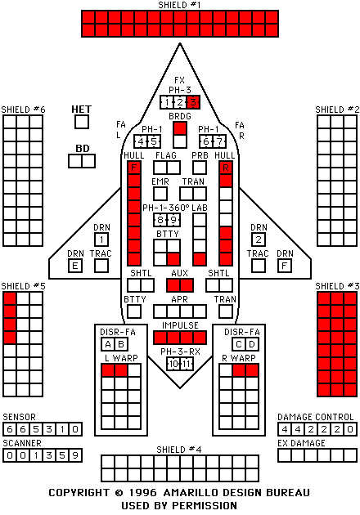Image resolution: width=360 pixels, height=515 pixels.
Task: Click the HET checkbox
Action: click(x=82, y=122)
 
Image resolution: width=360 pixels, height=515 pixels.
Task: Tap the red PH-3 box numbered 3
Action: click(x=193, y=102)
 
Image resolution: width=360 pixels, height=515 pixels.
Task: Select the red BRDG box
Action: click(x=180, y=128)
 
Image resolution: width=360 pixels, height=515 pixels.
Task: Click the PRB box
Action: click(x=200, y=168)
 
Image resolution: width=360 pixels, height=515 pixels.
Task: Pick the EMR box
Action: click(x=160, y=194)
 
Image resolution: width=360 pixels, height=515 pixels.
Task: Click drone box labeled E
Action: click(x=75, y=266)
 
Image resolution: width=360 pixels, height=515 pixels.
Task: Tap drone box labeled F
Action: click(x=285, y=266)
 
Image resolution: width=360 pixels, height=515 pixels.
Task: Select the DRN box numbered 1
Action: click(x=101, y=240)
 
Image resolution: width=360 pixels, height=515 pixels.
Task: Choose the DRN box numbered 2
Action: click(x=259, y=240)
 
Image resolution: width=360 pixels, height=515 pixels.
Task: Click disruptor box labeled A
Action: click(x=108, y=344)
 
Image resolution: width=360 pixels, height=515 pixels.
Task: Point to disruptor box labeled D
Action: click(x=252, y=344)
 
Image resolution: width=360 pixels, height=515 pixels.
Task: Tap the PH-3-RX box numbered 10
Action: click(x=173, y=364)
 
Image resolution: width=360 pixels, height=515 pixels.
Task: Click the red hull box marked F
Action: click(x=134, y=168)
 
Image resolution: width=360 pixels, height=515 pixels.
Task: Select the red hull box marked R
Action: click(x=226, y=168)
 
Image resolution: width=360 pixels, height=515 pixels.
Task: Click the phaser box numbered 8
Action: click(x=160, y=220)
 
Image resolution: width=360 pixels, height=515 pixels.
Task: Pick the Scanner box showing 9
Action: click(x=75, y=455)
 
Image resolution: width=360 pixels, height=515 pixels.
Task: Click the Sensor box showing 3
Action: click(x=49, y=429)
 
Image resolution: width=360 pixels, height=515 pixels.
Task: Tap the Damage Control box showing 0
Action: click(x=350, y=429)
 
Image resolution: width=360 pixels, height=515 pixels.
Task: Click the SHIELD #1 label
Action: click(x=179, y=5)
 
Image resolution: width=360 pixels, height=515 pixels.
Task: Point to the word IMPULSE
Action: click(x=180, y=325)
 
